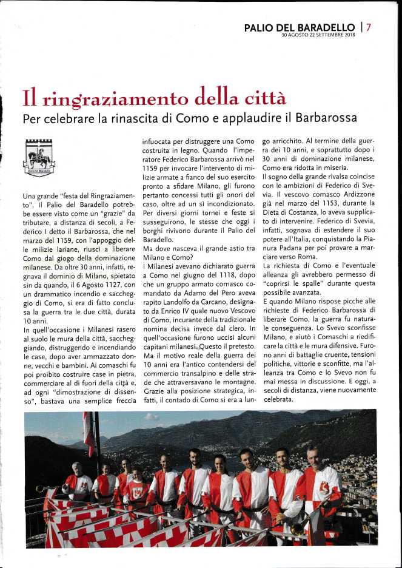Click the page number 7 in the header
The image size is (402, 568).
pyautogui.click(x=369, y=27)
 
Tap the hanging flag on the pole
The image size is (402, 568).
pyautogui.click(x=89, y=433)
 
